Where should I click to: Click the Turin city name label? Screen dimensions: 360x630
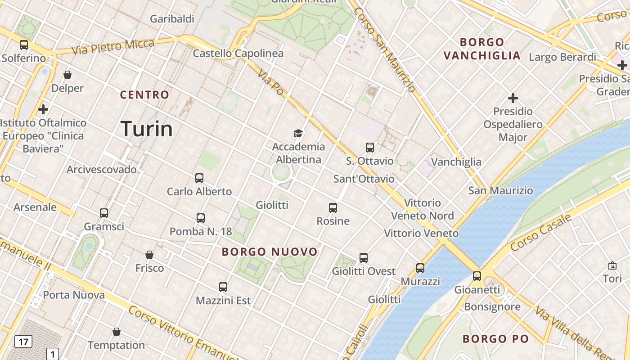click(147, 129)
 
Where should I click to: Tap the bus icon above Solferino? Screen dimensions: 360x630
click(24, 45)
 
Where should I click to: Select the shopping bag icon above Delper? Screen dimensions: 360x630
click(67, 75)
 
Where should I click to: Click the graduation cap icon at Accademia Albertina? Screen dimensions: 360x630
click(298, 133)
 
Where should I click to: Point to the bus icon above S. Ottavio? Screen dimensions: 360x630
click(370, 147)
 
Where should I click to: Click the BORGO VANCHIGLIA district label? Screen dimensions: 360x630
click(482, 49)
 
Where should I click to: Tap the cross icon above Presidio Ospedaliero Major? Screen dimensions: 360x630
click(513, 98)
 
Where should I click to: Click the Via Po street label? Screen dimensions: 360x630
click(271, 81)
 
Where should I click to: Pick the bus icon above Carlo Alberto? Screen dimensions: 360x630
click(199, 178)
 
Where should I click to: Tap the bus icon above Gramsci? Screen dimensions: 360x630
click(104, 213)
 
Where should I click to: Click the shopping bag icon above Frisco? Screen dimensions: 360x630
click(149, 255)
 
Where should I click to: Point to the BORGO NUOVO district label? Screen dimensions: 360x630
click(270, 252)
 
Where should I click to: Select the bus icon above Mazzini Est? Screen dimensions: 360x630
click(223, 287)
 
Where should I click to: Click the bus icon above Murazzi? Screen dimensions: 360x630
click(420, 268)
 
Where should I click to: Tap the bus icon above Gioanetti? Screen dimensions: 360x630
click(477, 276)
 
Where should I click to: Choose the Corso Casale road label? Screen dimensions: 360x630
click(541, 233)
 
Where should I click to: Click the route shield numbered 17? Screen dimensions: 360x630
click(23, 342)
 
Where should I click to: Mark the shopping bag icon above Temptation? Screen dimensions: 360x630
click(117, 332)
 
